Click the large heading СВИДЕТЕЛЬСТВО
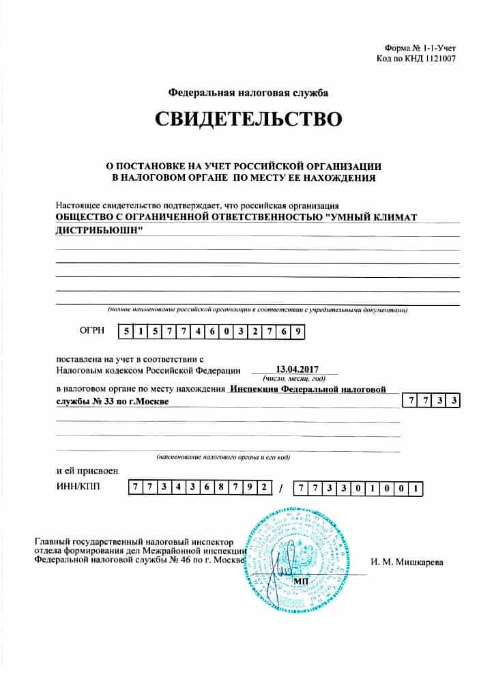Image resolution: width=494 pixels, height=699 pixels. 247,120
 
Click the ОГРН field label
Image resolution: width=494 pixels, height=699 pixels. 92,331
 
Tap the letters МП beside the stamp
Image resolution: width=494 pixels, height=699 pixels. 300,579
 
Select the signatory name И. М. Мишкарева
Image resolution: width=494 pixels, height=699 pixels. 407,562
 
